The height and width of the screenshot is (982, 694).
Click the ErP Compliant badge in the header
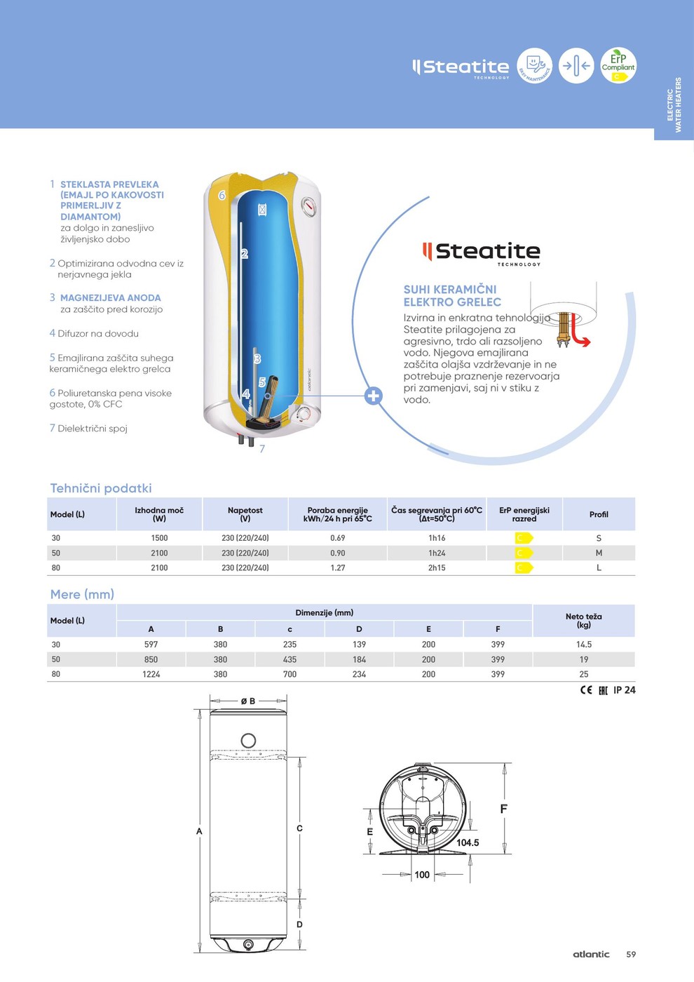[618, 65]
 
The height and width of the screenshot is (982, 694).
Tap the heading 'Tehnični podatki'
[101, 488]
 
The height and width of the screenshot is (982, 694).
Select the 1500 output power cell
[159, 538]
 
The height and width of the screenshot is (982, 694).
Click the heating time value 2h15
[437, 568]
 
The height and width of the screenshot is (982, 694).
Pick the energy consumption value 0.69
[338, 538]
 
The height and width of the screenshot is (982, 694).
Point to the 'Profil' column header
[599, 515]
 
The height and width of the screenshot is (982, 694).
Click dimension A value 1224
[151, 674]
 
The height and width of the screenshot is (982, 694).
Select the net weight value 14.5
[584, 645]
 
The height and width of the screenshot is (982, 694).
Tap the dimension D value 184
[359, 659]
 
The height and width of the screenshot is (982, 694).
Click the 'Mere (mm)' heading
[82, 594]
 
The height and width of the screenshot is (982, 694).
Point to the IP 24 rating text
[624, 690]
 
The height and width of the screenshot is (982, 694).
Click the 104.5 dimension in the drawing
[468, 843]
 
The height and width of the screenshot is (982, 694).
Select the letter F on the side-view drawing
[503, 809]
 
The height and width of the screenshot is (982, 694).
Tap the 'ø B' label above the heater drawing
[248, 701]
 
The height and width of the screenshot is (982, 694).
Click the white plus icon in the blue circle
[374, 396]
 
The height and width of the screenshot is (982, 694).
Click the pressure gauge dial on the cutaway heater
[308, 207]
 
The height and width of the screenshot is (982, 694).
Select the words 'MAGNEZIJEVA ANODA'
[110, 298]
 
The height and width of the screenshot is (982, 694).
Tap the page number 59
[631, 955]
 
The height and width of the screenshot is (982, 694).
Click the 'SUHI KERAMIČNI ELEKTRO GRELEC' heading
[452, 295]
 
